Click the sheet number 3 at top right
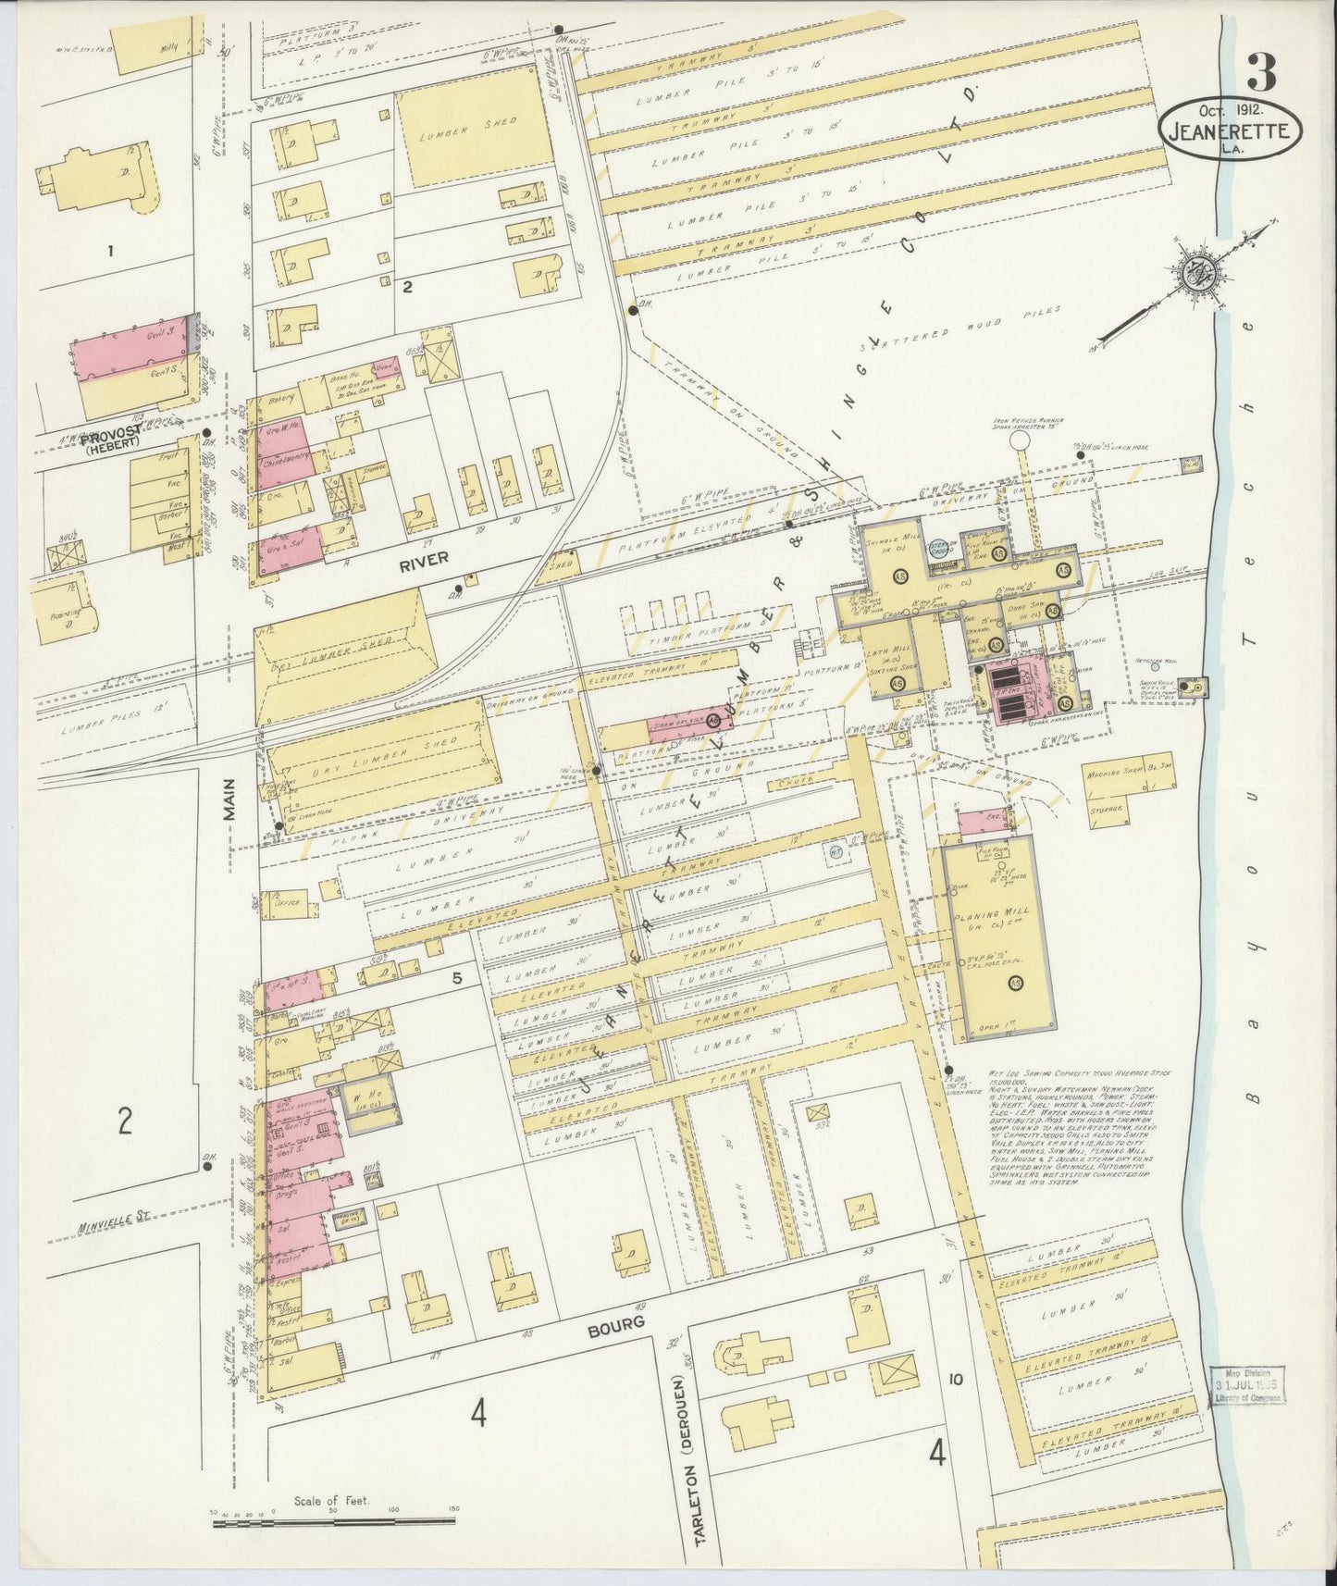point(1261,72)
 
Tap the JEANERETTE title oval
point(1230,131)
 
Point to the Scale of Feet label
point(331,1501)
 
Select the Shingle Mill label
point(883,543)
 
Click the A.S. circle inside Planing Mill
point(1017,983)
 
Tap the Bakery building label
point(281,398)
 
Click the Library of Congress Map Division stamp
point(1249,1385)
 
